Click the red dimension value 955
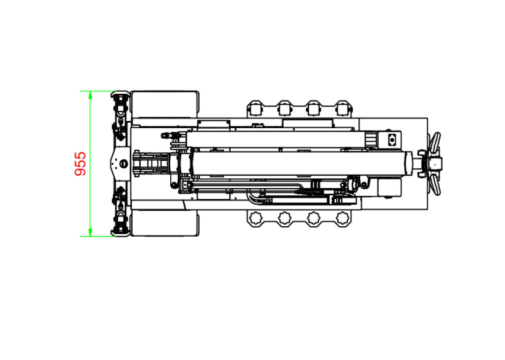[80, 163]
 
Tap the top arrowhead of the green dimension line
[90, 95]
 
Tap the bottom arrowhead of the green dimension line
[90, 232]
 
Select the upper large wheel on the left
[165, 104]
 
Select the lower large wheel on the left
[165, 223]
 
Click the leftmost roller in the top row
[255, 109]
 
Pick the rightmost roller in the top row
[343, 109]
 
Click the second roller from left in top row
[284, 109]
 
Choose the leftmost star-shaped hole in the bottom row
[256, 218]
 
